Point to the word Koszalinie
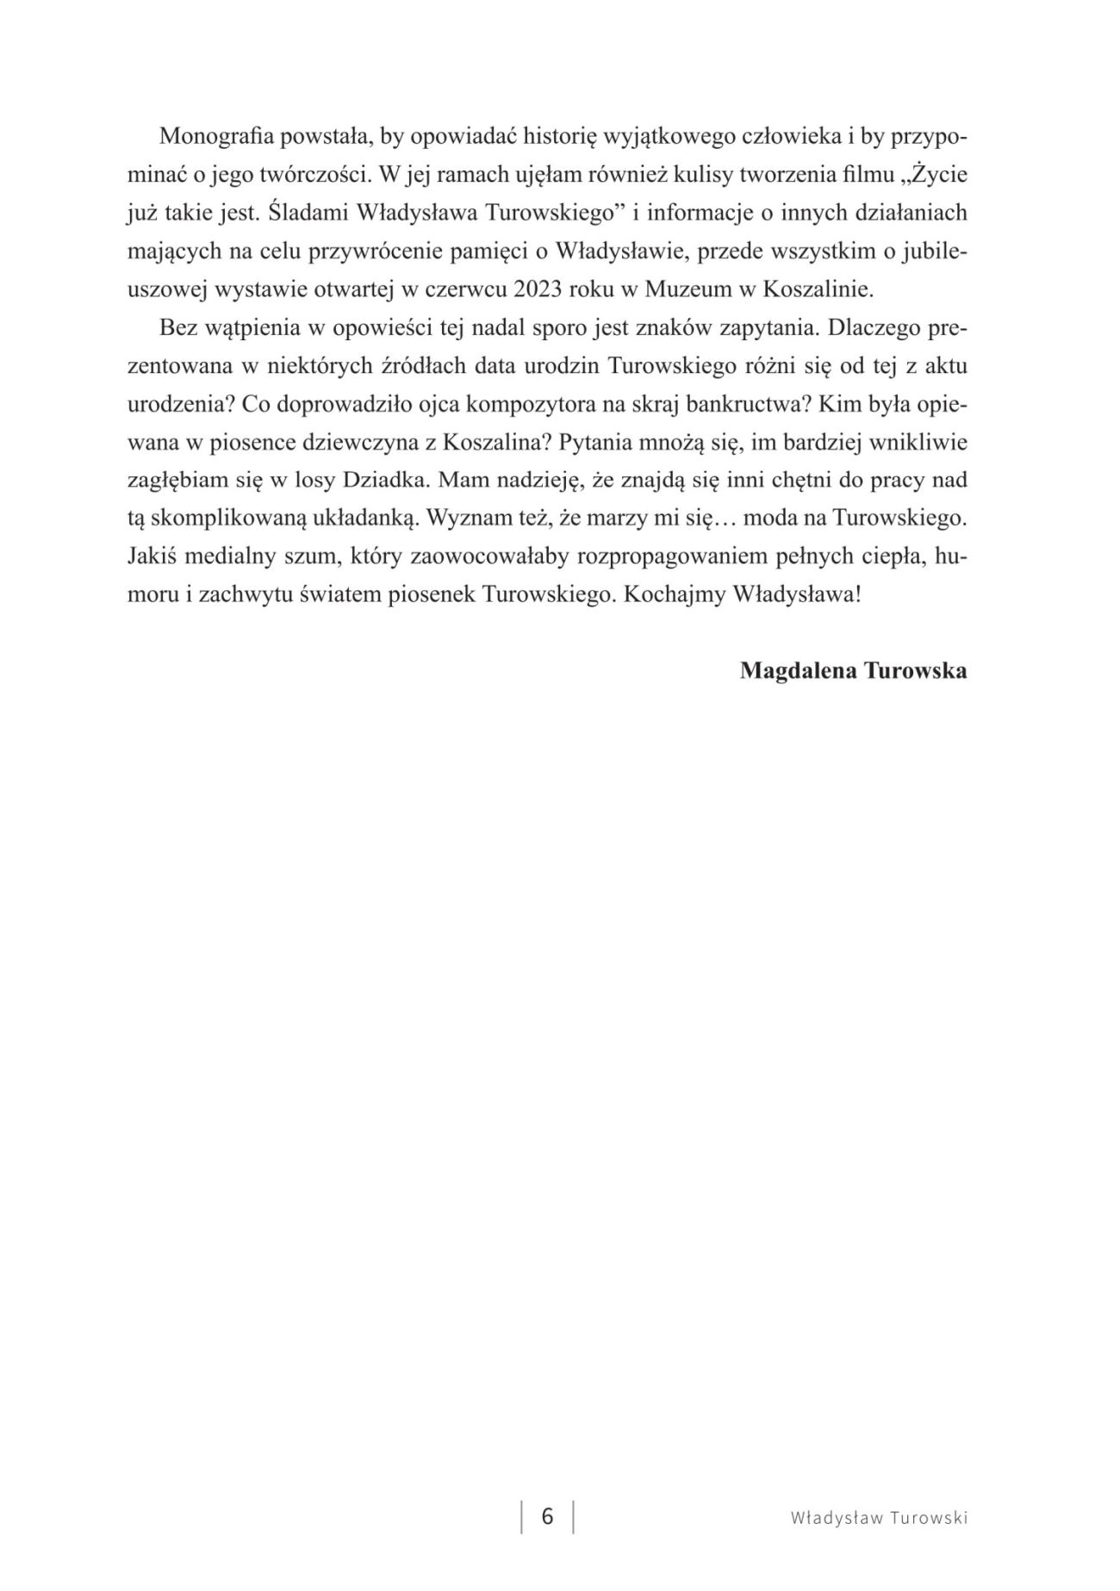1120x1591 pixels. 818,289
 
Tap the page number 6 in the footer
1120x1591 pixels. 547,1515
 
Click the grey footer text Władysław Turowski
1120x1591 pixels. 879,1517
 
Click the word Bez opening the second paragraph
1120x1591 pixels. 176,328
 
